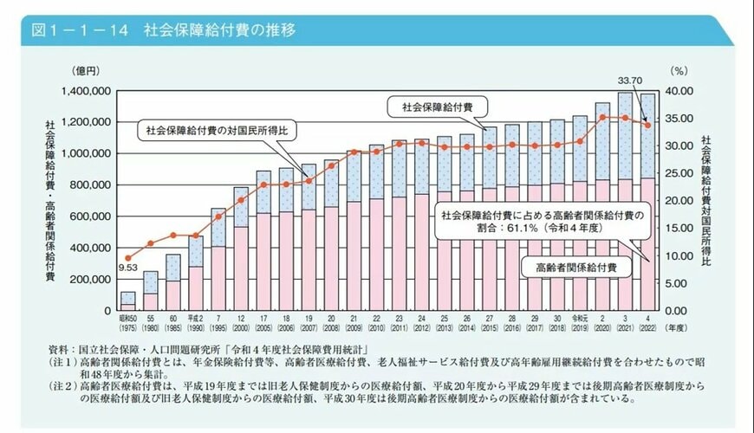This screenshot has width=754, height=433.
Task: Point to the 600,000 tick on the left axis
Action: click(x=88, y=216)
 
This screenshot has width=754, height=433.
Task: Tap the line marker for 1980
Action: click(x=151, y=243)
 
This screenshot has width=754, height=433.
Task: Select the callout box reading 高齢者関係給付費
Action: click(x=569, y=267)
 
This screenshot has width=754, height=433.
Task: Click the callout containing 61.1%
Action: click(x=541, y=222)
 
